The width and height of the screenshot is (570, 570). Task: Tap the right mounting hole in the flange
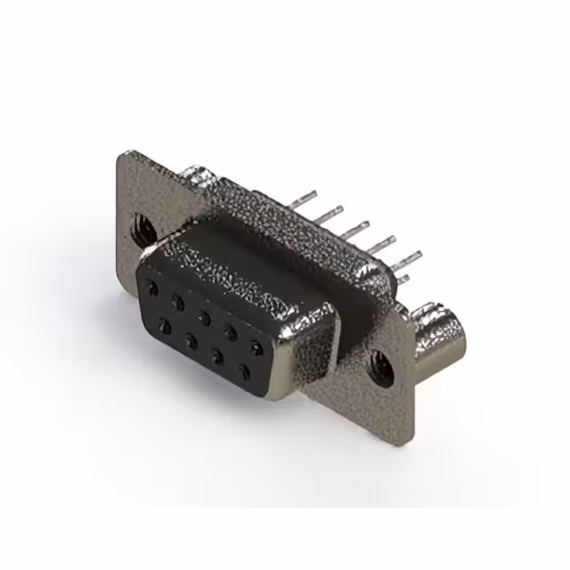click(x=381, y=367)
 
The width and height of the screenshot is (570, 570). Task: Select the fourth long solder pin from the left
click(x=379, y=243)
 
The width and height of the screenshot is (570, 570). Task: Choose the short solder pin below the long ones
click(x=403, y=280)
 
